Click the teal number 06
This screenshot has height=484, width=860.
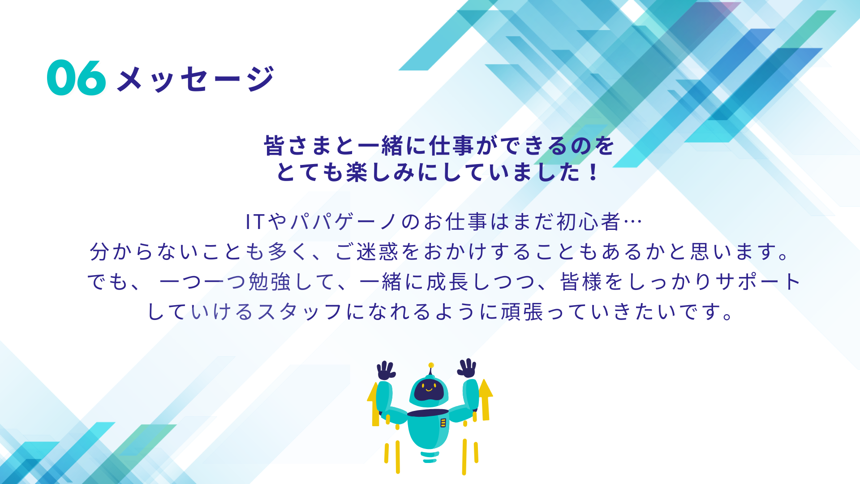(x=76, y=78)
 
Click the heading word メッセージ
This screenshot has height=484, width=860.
(x=196, y=79)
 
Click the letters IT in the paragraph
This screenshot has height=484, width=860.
(x=256, y=222)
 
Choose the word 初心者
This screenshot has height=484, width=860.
(x=588, y=221)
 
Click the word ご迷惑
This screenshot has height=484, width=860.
(x=367, y=251)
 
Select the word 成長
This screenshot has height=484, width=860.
(x=447, y=282)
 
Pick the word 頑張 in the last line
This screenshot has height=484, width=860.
(x=522, y=312)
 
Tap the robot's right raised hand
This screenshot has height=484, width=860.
(x=467, y=368)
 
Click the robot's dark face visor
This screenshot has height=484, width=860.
(x=429, y=390)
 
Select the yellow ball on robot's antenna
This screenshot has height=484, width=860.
(x=431, y=365)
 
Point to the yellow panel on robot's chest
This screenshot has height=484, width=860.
(x=443, y=423)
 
